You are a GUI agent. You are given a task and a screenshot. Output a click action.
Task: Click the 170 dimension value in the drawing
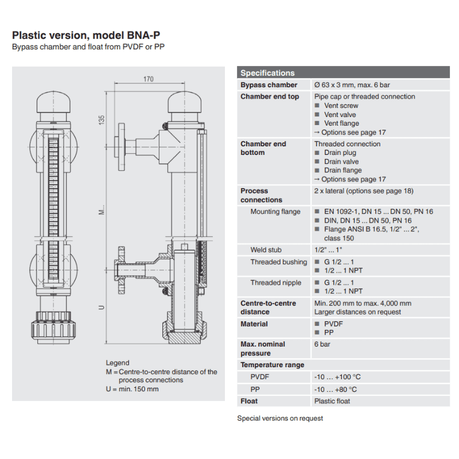(149, 80)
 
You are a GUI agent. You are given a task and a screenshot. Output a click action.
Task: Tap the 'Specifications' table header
(267, 73)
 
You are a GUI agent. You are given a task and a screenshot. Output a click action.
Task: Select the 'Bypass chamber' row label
(269, 85)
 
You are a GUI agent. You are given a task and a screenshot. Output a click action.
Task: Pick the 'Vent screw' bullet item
(341, 106)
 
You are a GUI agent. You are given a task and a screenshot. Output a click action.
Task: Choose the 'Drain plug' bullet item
(340, 153)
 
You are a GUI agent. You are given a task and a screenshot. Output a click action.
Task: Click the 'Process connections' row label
(262, 195)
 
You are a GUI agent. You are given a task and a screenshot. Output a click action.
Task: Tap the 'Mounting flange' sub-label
(275, 212)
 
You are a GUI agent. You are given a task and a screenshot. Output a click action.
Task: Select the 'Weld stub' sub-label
(266, 250)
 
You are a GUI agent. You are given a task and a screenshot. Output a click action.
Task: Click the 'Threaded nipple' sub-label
(275, 283)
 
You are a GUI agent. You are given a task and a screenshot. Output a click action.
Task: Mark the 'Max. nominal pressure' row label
(263, 348)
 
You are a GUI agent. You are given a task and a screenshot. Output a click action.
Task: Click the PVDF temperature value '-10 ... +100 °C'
(337, 377)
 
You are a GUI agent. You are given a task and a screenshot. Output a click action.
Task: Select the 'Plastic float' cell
(332, 401)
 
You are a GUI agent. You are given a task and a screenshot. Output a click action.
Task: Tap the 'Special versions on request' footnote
(280, 418)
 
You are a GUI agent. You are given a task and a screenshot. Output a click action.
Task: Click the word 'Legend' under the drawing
(118, 363)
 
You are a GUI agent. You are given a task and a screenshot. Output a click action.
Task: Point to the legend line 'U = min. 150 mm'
(132, 388)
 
